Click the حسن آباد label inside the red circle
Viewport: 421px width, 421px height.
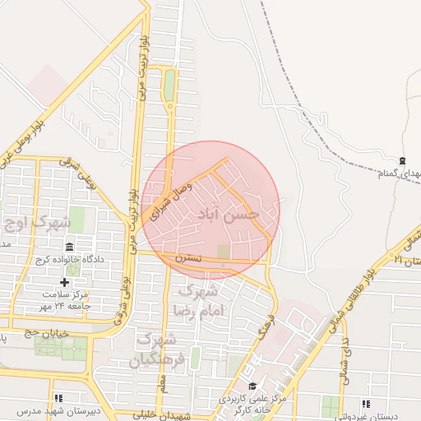coord(228,215)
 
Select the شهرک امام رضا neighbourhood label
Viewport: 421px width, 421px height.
coord(197,301)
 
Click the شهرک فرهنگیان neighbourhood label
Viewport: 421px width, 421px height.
coord(154,350)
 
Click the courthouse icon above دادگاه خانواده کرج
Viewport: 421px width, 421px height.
coord(69,247)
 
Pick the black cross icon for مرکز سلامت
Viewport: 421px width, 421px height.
coord(65,281)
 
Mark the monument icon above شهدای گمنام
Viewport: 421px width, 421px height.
coord(401,160)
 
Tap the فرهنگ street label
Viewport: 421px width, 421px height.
coord(265,329)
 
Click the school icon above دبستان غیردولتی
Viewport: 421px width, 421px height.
coord(366,404)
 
